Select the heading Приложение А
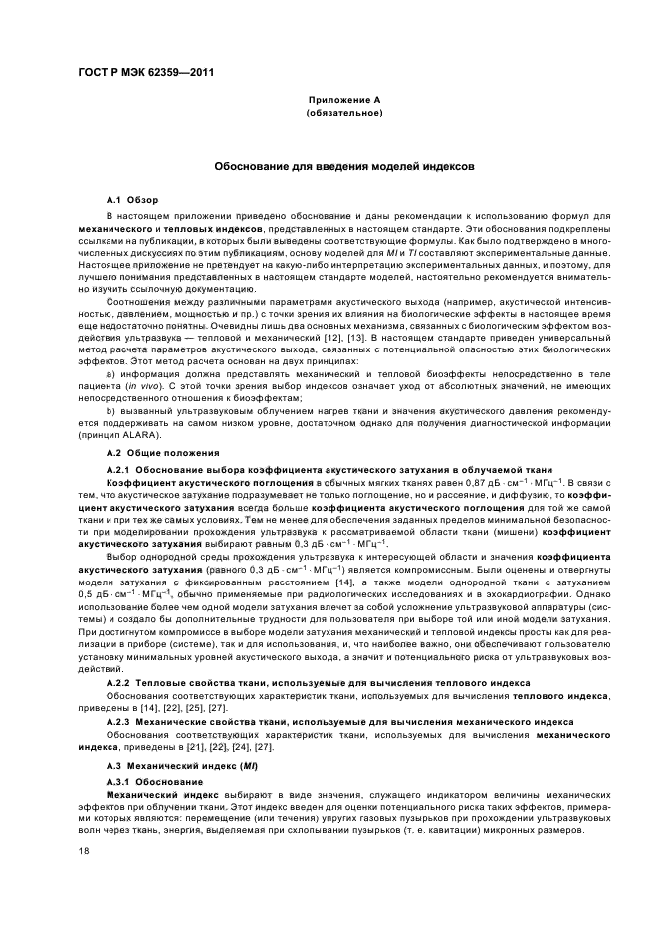pos(344,101)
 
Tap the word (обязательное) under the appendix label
pos(344,113)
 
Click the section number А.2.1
pos(119,469)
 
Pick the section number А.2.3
pos(119,720)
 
